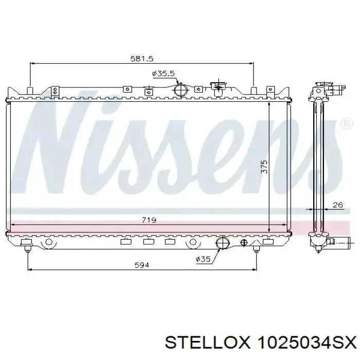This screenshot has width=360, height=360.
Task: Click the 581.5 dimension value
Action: (x=141, y=59)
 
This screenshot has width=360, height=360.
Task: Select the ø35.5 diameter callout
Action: (x=164, y=74)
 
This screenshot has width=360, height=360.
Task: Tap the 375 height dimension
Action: (x=264, y=167)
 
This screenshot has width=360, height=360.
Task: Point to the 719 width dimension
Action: (x=149, y=220)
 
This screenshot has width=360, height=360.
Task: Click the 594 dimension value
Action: (x=141, y=265)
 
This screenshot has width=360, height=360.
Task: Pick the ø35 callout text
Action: (x=203, y=259)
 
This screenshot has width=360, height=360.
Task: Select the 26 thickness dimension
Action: (x=337, y=205)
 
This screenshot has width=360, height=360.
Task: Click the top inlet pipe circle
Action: (x=181, y=91)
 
